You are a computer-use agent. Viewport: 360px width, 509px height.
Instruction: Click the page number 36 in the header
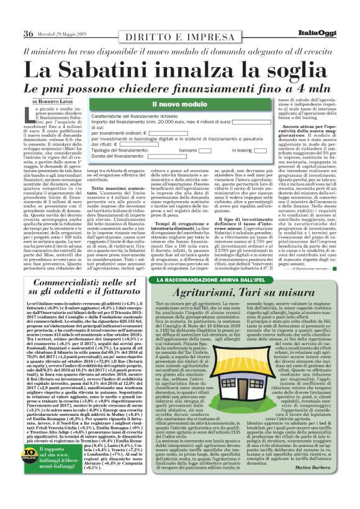[28, 34]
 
